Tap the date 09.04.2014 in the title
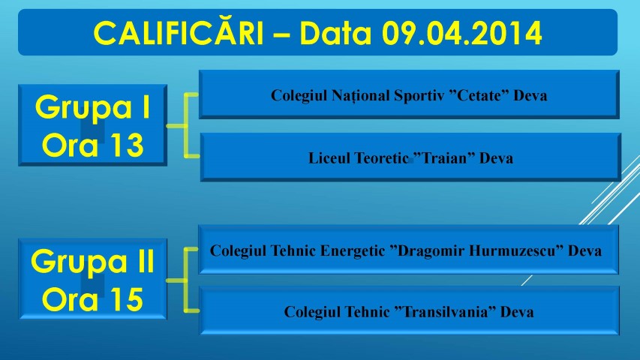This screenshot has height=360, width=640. tap(461, 33)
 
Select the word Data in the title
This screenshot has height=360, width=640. tap(335, 33)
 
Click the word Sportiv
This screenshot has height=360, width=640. tap(419, 96)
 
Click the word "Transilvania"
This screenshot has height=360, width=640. tap(446, 312)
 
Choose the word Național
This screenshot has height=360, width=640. tap(360, 96)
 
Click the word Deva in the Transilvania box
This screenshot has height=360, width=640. tap(517, 312)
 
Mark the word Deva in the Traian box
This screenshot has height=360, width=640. tap(496, 158)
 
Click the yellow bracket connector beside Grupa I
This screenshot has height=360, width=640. tap(186, 126)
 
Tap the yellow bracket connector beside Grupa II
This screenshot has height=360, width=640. tap(186, 280)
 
